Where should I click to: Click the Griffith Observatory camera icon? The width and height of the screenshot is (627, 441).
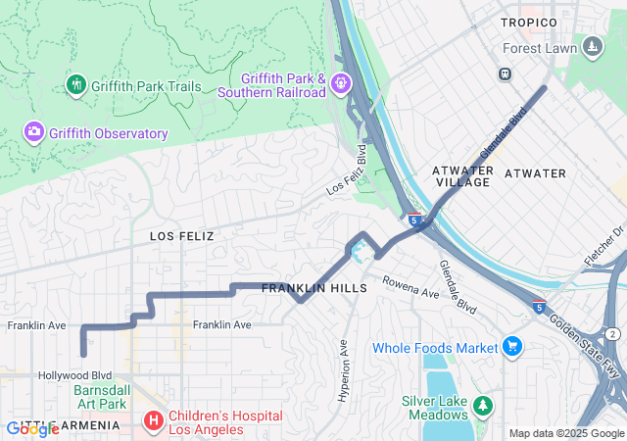coord(34,131)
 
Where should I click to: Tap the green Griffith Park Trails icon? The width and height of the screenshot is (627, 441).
coord(75,85)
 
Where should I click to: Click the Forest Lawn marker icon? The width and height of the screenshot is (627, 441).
coord(592,47)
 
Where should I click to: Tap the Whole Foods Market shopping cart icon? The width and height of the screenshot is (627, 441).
coord(511,347)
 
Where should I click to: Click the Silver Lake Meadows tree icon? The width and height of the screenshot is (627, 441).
coord(481,405)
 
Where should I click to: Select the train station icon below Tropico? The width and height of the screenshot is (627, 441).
coord(506,73)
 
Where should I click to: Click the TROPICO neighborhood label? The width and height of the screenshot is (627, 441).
coord(528,22)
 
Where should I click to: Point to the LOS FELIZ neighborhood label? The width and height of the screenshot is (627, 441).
coord(181,236)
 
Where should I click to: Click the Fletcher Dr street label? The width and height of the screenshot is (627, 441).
coord(604,246)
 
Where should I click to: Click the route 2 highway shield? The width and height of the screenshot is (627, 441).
coord(612,334)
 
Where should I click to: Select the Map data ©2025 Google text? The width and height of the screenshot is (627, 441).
coord(565,433)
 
